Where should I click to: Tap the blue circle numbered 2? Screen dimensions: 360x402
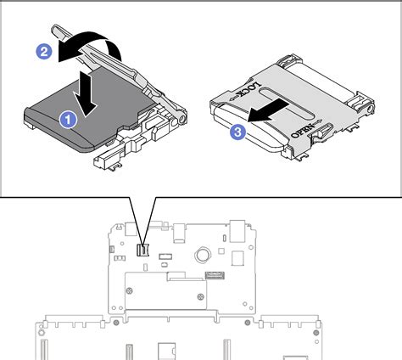(x=44, y=51)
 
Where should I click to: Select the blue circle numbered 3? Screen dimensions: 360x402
(x=239, y=132)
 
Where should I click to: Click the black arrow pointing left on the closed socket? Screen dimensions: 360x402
(x=276, y=112)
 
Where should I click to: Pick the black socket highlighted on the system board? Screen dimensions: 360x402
(x=143, y=250)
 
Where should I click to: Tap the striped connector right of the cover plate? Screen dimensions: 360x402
(x=215, y=276)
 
